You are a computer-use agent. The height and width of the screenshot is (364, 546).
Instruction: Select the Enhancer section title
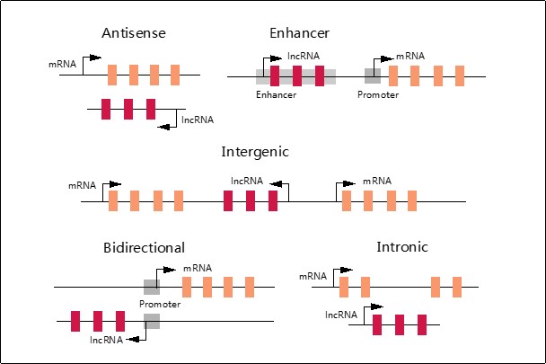tap(299, 34)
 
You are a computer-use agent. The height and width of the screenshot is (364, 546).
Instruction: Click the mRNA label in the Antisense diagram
tap(63, 65)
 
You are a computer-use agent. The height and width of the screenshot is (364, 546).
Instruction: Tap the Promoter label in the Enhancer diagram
tap(377, 93)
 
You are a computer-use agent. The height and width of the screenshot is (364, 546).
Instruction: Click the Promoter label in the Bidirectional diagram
tap(160, 304)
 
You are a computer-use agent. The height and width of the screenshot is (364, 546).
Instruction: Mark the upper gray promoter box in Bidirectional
tap(152, 287)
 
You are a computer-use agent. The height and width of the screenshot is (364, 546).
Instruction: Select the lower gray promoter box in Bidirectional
tap(152, 321)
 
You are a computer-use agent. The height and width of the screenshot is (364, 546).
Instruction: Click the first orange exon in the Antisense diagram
tap(112, 74)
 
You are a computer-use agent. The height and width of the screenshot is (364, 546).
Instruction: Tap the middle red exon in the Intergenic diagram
tap(251, 200)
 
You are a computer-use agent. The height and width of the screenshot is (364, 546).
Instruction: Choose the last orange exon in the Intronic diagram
tap(457, 287)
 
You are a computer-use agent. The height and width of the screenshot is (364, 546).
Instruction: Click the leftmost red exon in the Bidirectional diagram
tap(75, 321)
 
